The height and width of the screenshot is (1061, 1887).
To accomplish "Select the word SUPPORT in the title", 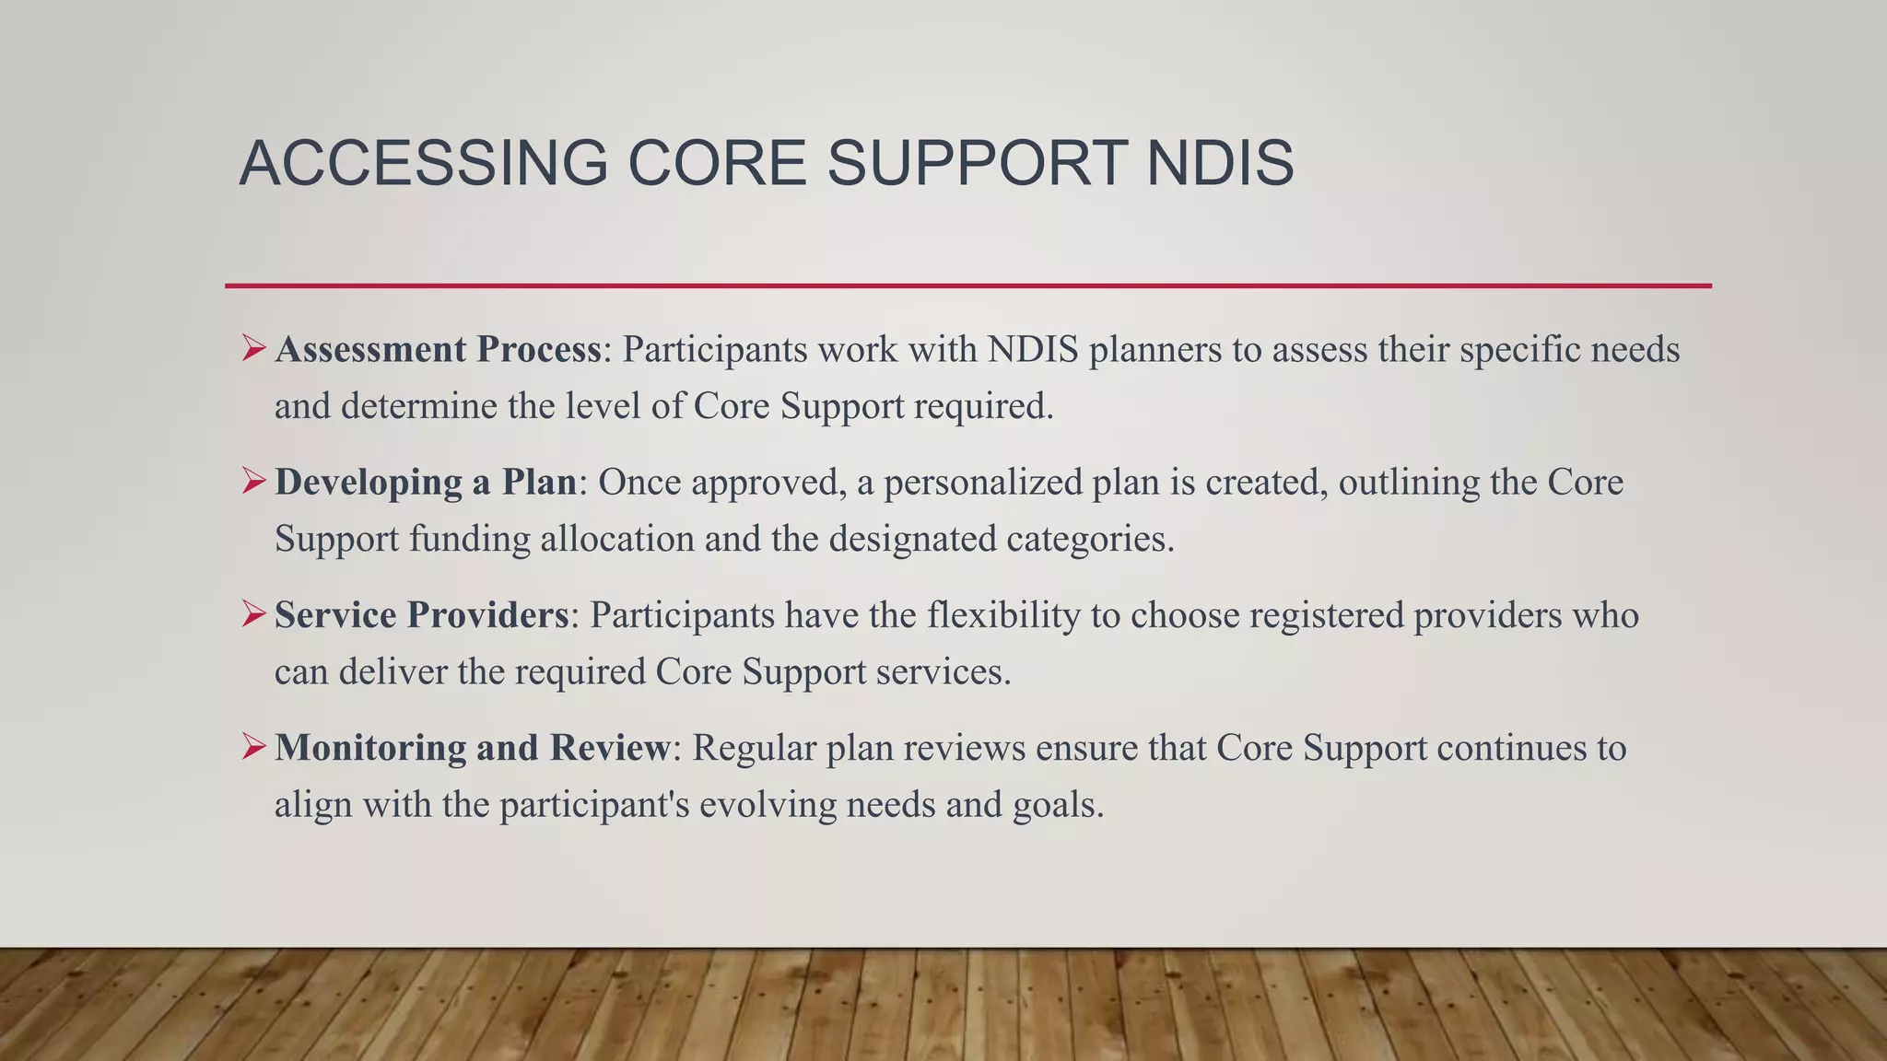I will [977, 163].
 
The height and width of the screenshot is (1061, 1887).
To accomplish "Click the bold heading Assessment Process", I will [438, 350].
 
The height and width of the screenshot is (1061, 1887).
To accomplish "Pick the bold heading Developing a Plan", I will [426, 483].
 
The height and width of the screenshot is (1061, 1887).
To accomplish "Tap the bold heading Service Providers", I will [422, 615].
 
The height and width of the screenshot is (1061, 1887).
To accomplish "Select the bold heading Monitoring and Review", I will [473, 748].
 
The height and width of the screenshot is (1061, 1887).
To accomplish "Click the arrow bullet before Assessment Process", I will [253, 349].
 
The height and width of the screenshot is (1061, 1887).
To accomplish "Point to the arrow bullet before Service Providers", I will [253, 614].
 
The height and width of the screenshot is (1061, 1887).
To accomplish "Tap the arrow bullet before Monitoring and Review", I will [253, 747].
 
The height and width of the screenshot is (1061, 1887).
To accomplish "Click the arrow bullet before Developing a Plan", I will [253, 482].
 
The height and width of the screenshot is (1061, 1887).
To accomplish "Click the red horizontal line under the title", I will [967, 286].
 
